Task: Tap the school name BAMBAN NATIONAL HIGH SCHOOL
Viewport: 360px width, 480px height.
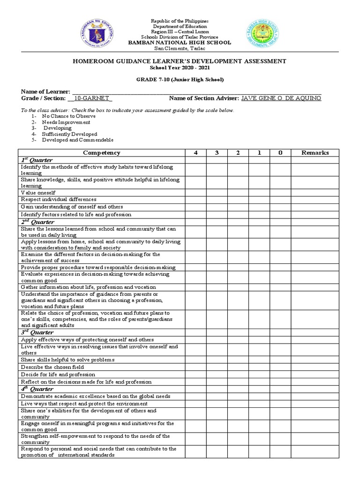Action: point(180,43)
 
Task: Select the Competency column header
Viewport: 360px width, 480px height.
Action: point(101,153)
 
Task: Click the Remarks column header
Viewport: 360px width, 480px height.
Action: point(315,153)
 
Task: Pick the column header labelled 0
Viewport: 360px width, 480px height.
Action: point(280,153)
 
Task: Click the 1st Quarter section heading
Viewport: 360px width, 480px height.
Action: point(37,160)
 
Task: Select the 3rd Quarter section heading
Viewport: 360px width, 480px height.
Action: point(37,332)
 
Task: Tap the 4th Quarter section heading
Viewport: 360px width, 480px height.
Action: point(37,389)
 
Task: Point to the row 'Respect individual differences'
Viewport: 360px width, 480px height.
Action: point(59,200)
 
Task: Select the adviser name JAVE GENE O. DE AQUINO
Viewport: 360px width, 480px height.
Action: point(281,98)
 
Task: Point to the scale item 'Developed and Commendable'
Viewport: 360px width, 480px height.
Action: point(77,140)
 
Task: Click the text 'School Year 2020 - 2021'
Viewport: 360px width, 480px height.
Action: point(180,68)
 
